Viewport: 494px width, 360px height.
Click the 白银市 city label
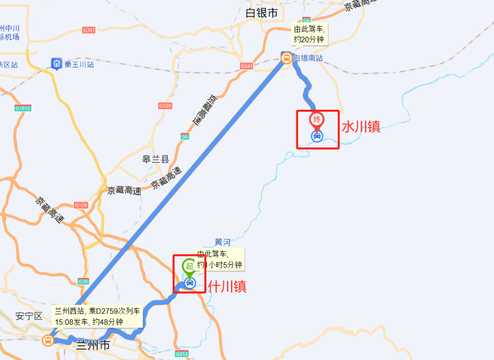tap(262, 13)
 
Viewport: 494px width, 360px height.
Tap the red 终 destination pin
tap(317, 119)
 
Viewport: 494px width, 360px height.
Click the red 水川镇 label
tap(361, 127)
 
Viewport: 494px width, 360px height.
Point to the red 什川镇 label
tap(227, 286)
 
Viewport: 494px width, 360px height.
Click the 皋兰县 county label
tap(155, 159)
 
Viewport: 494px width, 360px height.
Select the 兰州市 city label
tap(93, 345)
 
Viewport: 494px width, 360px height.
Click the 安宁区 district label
tap(28, 316)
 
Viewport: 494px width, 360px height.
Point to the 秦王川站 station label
tap(79, 64)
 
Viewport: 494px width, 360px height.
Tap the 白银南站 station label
tap(308, 58)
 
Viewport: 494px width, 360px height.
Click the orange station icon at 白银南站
tap(286, 58)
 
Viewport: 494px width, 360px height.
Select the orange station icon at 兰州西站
tap(48, 340)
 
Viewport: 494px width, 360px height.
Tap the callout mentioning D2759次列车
tap(97, 316)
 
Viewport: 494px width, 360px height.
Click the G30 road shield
tap(83, 281)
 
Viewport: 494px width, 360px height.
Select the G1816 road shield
tap(23, 108)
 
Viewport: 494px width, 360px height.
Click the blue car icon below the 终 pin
tap(317, 136)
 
